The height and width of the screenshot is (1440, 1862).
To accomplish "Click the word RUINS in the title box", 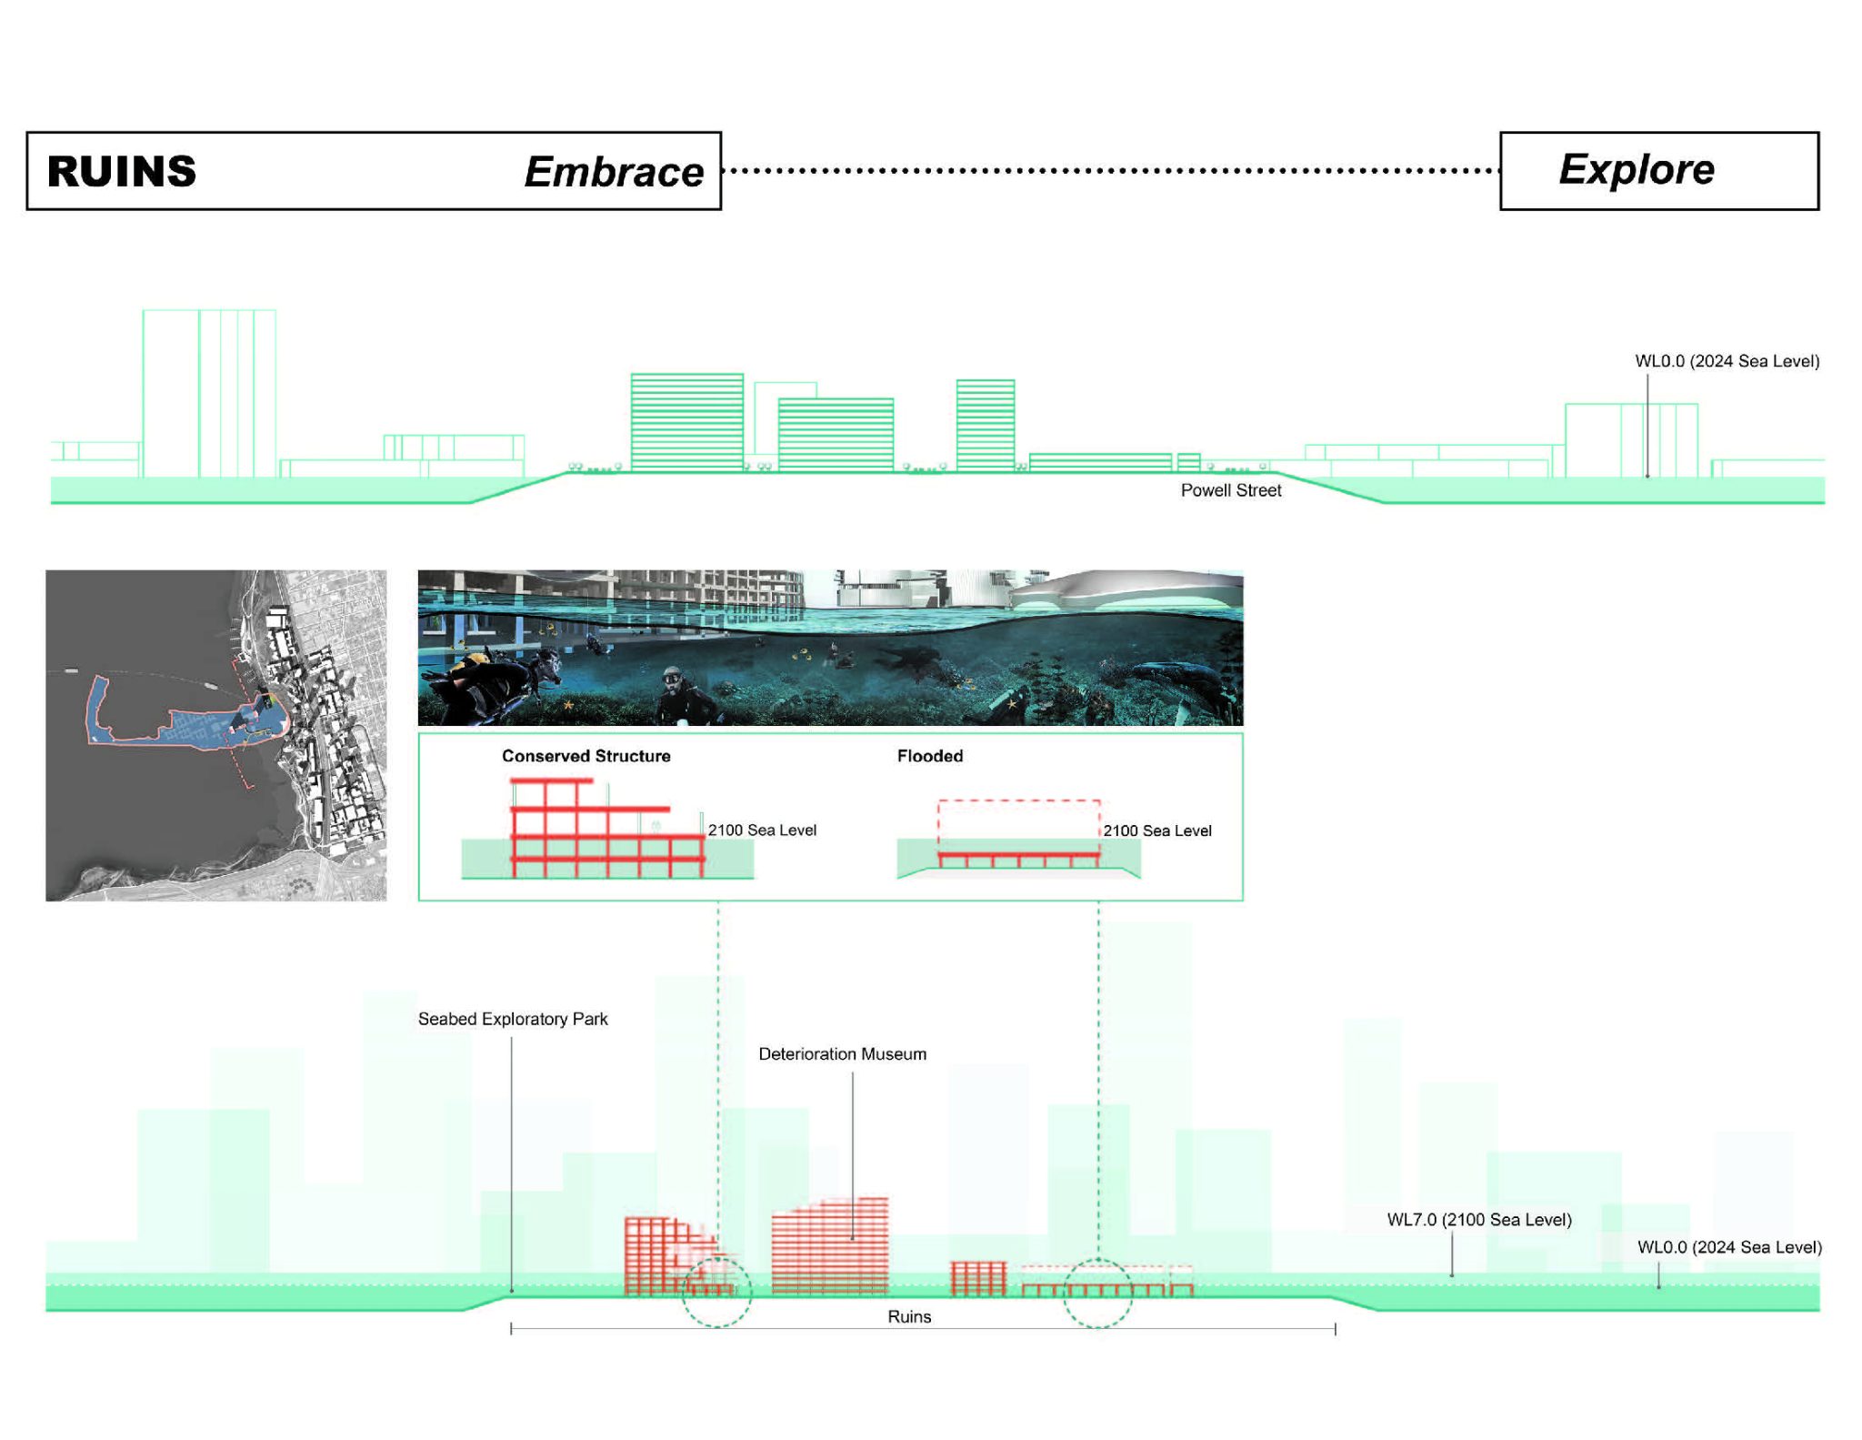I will [121, 171].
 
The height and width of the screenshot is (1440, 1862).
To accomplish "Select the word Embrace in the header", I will [614, 172].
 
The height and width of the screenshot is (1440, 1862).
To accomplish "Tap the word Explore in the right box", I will [1636, 169].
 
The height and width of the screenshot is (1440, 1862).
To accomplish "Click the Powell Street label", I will [1230, 490].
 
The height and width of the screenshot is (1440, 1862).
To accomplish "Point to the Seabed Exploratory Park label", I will [513, 1019].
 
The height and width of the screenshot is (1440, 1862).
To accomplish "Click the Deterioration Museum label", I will [842, 1053].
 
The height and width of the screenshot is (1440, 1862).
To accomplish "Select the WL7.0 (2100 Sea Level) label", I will [1478, 1219].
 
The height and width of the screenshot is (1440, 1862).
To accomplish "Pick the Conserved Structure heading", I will [586, 756].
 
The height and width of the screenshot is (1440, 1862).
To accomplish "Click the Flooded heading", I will [929, 756].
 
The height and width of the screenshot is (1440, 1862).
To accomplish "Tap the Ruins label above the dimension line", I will [909, 1316].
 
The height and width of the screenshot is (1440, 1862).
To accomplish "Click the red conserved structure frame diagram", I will [600, 828].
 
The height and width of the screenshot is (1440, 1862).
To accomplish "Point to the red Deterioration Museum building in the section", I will [829, 1246].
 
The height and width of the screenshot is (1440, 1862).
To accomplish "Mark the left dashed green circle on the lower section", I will [716, 1292].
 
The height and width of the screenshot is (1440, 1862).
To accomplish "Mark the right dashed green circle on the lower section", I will [1097, 1292].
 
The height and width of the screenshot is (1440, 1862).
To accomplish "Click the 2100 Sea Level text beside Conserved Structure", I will [762, 830].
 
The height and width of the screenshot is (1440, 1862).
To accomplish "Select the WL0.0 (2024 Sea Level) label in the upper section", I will [1727, 361].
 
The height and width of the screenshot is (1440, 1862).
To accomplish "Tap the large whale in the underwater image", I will [1173, 678].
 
